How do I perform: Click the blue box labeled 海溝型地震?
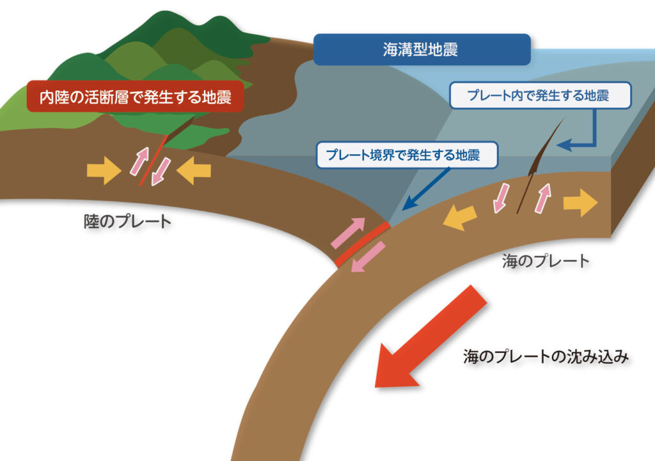pos(422,50)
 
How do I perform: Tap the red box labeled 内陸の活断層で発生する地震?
pos(134,97)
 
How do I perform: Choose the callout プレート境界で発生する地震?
pos(407,155)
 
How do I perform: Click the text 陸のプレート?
pos(128,222)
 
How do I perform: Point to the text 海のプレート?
pos(545,261)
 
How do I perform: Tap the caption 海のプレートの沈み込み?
pos(546,357)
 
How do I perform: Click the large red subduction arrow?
pos(430,339)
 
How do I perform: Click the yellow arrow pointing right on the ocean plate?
pos(580,203)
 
